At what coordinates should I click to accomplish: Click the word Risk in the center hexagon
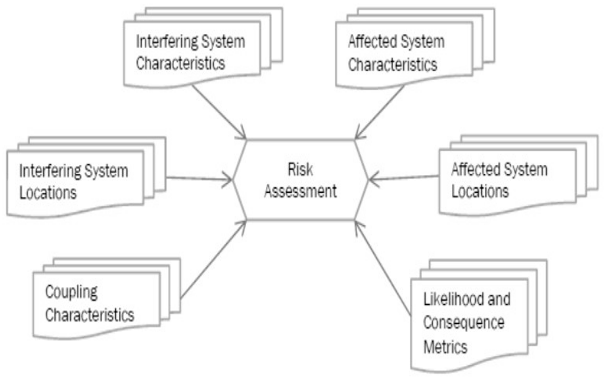click(x=300, y=170)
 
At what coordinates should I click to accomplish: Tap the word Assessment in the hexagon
click(x=300, y=191)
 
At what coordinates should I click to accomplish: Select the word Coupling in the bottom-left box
click(x=71, y=292)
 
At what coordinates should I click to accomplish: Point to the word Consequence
click(x=464, y=323)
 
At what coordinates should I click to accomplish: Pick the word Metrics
click(x=445, y=347)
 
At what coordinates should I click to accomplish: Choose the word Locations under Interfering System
click(x=48, y=193)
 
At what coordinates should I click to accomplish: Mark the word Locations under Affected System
click(x=480, y=191)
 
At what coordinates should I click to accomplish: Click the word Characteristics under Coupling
click(x=90, y=315)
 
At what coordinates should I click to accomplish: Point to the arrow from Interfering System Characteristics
click(x=219, y=112)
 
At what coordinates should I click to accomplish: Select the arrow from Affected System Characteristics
click(x=379, y=112)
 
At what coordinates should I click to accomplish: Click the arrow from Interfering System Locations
click(x=198, y=179)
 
